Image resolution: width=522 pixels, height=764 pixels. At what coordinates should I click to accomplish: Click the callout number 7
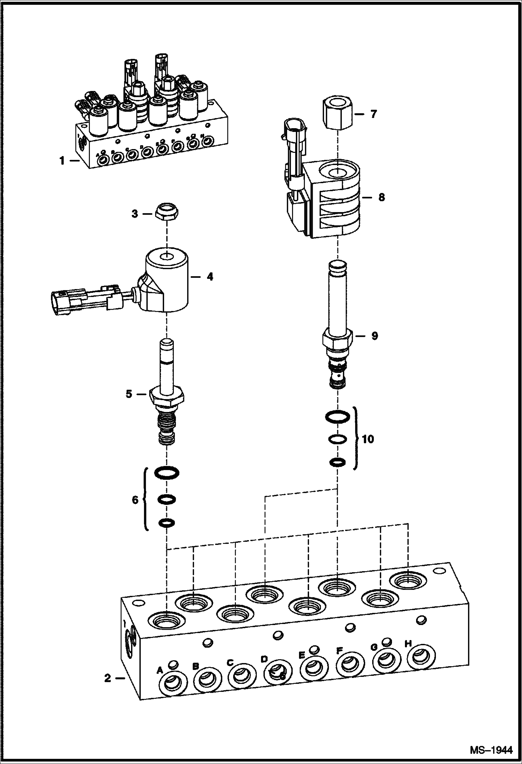[x=374, y=114]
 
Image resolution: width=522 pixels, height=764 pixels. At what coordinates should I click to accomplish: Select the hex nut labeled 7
[x=337, y=114]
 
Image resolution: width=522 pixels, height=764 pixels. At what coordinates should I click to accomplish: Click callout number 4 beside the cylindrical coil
[x=210, y=277]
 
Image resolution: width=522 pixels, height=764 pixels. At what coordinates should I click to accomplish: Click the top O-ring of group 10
[x=337, y=416]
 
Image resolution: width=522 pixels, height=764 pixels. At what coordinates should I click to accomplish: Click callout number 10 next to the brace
[x=368, y=439]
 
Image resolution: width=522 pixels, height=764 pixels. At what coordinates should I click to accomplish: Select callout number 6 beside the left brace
[x=135, y=500]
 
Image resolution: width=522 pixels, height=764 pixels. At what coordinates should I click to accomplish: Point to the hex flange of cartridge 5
[x=166, y=396]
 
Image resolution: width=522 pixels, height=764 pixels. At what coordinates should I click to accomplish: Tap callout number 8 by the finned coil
[x=382, y=197]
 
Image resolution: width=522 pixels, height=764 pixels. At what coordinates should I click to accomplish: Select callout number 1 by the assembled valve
[x=62, y=161]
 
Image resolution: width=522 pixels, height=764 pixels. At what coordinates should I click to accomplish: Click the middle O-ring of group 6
[x=166, y=500]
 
